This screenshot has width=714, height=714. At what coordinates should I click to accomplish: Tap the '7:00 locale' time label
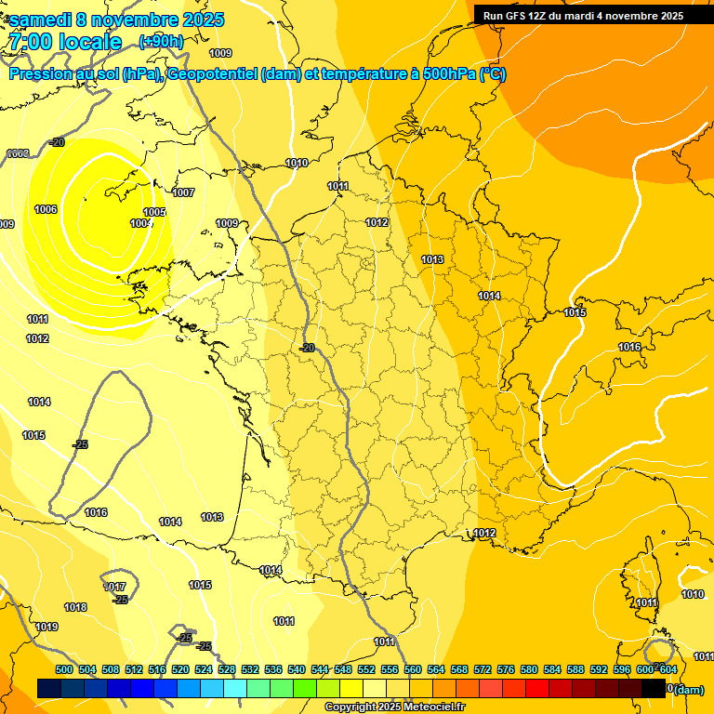(x=64, y=42)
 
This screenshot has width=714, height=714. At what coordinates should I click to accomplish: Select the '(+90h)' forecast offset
(x=160, y=41)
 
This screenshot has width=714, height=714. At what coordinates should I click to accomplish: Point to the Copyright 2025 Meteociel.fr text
(x=394, y=707)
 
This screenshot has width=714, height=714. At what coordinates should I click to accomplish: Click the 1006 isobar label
(x=46, y=209)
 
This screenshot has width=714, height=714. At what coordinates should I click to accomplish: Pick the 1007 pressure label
(x=183, y=192)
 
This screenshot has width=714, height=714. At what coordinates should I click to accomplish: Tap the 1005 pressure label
(x=154, y=212)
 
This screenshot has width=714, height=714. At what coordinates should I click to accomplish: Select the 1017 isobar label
(x=115, y=587)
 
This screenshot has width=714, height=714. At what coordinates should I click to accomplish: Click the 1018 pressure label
(x=75, y=607)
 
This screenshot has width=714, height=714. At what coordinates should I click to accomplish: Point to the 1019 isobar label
(x=46, y=627)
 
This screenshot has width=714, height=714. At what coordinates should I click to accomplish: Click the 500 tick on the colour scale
(x=64, y=669)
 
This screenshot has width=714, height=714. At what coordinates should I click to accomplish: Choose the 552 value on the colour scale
(x=366, y=669)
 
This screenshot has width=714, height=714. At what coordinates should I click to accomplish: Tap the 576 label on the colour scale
(x=506, y=669)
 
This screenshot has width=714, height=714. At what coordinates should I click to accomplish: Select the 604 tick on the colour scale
(x=668, y=669)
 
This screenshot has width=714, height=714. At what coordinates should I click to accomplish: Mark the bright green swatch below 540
(x=304, y=689)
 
